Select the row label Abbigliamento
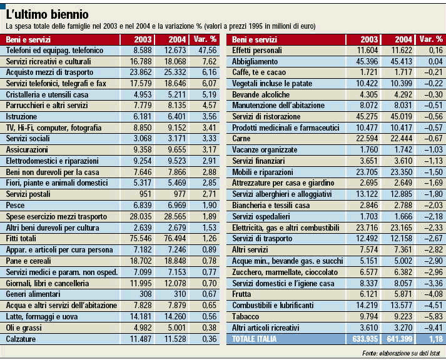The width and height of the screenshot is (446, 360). coord(256,61)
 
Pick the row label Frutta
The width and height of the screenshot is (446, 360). coord(243,293)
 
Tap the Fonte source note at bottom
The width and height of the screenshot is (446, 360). coord(402,352)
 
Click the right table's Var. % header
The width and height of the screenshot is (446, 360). coord(431,39)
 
